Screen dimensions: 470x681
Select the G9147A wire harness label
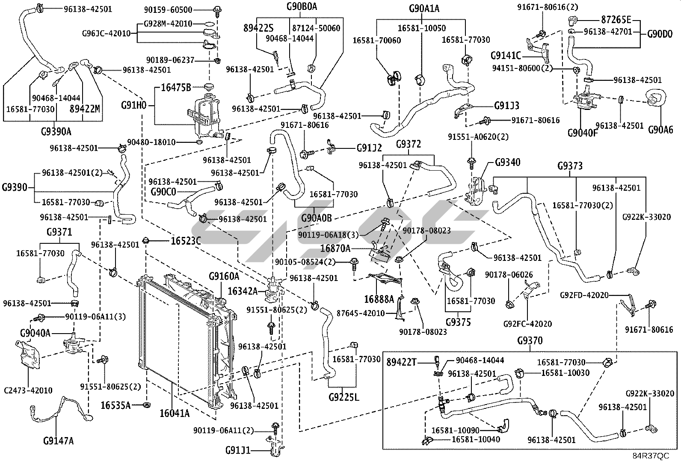(59, 440)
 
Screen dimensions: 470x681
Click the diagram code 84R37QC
(651, 456)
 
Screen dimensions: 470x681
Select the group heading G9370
(530, 341)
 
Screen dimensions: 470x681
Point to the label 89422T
(401, 362)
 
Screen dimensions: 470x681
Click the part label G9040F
(582, 132)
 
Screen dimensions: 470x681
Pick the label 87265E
(616, 20)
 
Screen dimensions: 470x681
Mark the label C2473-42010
(28, 390)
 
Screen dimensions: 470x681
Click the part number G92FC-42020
(527, 324)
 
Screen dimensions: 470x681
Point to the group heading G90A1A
(424, 8)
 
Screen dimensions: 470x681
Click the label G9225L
(344, 397)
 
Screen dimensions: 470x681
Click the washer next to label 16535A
(147, 404)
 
